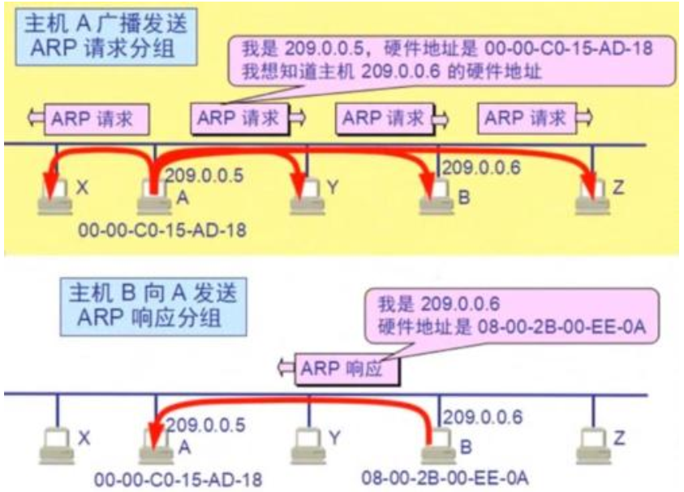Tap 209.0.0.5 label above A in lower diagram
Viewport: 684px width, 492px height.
(204, 423)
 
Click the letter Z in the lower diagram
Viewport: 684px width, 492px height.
(620, 438)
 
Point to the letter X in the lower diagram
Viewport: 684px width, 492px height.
(84, 438)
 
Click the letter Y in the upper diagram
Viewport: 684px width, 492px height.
(333, 188)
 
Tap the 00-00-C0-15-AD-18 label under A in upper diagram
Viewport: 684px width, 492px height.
(162, 231)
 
